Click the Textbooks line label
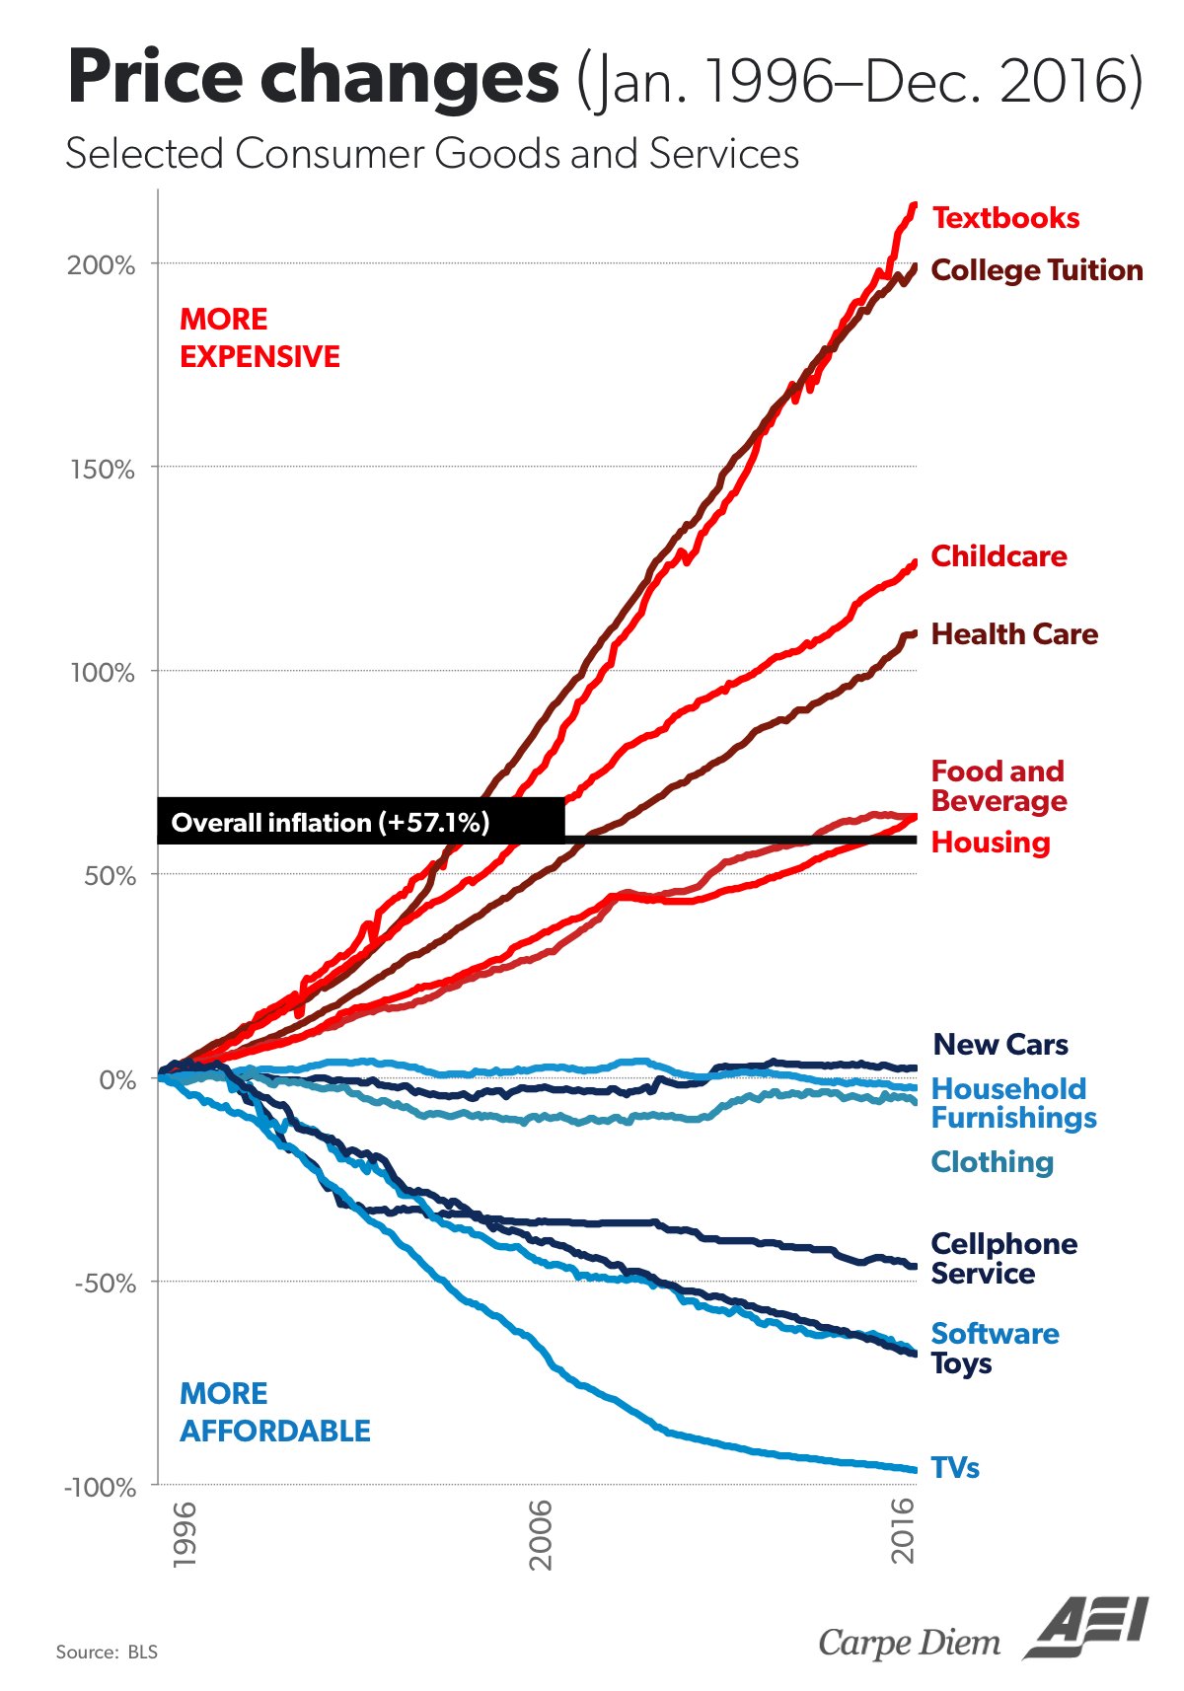tap(1005, 218)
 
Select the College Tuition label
tap(1036, 270)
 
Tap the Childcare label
tap(999, 556)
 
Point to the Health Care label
tap(1014, 634)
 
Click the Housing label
tap(991, 843)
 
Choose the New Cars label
tap(1000, 1045)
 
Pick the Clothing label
tap(992, 1162)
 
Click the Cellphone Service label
tap(1003, 1259)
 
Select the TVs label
tap(955, 1468)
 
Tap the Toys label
tap(961, 1364)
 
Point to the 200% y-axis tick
tap(102, 265)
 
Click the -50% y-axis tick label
tap(105, 1284)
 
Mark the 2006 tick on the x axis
tap(541, 1534)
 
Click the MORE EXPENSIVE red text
tap(259, 338)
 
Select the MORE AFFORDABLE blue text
tap(274, 1413)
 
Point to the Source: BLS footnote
tap(107, 1652)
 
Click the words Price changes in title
tap(314, 79)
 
